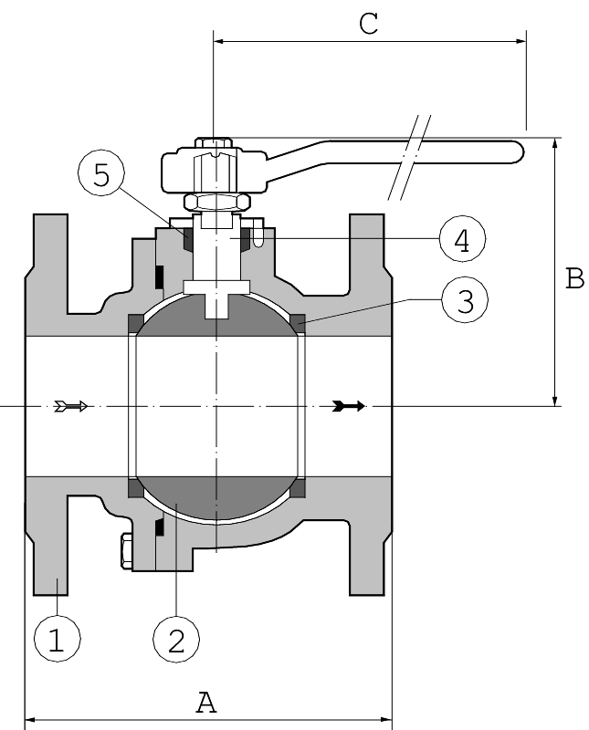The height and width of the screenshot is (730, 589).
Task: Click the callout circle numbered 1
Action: coord(57,640)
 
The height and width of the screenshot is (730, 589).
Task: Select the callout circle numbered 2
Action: coord(176,640)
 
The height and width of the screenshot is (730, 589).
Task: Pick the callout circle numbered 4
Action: coord(461,240)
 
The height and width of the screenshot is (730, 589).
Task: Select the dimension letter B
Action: coord(574,278)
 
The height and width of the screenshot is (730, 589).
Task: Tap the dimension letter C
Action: coord(368,24)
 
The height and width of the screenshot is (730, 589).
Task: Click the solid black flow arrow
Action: coord(349,406)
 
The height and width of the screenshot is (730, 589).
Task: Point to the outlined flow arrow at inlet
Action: coord(71,406)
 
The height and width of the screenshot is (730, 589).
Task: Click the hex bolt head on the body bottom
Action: coord(122,553)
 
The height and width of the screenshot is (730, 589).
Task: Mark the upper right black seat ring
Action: coord(298,320)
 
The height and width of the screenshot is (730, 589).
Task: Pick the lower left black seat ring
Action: coord(135,491)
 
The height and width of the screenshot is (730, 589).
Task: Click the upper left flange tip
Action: coord(51,228)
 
